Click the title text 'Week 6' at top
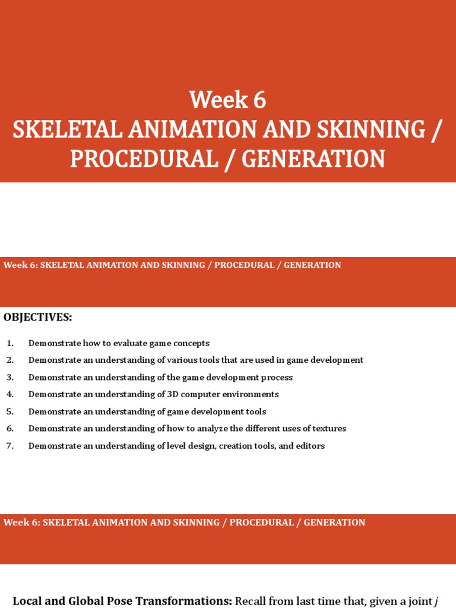pyautogui.click(x=228, y=100)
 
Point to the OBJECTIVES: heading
pyautogui.click(x=38, y=317)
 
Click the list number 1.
pyautogui.click(x=9, y=343)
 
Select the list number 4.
pyautogui.click(x=9, y=394)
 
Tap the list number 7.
pyautogui.click(x=9, y=446)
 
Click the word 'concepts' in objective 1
pyautogui.click(x=191, y=343)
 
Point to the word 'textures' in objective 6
pyautogui.click(x=329, y=428)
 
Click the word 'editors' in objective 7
pyautogui.click(x=311, y=446)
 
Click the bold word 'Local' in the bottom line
pyautogui.click(x=26, y=601)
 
